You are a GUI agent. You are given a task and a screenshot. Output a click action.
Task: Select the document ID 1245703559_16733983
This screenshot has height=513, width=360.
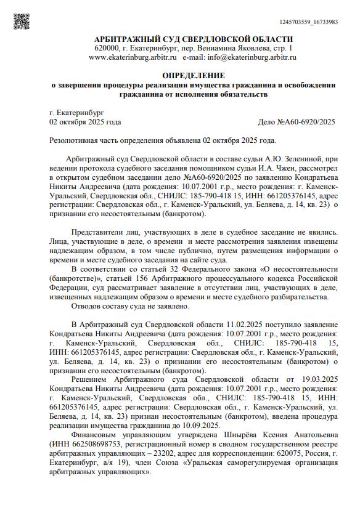point(317,22)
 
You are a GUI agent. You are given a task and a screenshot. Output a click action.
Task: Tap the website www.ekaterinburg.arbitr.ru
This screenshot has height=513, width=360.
point(134,57)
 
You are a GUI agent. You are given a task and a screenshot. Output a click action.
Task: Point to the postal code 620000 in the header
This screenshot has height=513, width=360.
point(107,47)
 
